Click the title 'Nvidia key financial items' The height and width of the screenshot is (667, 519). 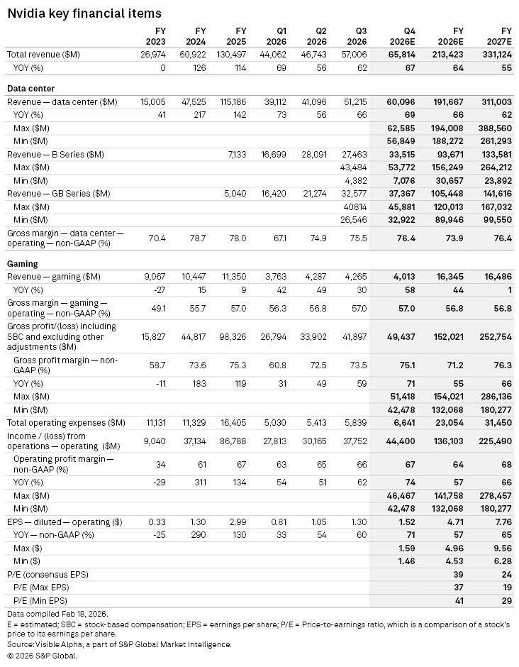(x=84, y=13)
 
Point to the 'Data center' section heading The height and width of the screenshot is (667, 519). (x=30, y=89)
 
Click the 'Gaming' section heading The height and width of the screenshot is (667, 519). (x=23, y=263)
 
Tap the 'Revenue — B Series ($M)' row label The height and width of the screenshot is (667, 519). (x=55, y=154)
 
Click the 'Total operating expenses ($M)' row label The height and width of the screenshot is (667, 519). (x=66, y=423)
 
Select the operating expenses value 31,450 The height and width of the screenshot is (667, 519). (x=496, y=423)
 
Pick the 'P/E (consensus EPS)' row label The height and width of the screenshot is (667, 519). (x=48, y=574)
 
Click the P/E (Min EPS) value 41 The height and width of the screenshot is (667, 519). (x=459, y=600)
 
